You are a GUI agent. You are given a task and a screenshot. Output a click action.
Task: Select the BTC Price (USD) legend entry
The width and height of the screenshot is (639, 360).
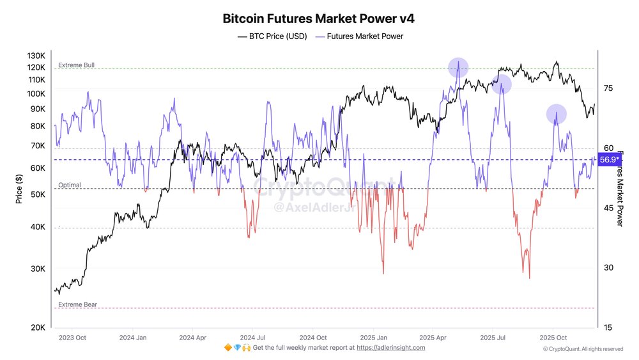click(x=272, y=36)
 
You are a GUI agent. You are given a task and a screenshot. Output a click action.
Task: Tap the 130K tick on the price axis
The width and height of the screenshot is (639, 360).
click(x=36, y=56)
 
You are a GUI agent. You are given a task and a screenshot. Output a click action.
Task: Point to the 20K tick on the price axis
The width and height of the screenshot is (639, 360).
click(x=38, y=327)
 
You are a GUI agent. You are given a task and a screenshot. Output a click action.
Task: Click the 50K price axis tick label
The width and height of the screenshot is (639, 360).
click(x=38, y=194)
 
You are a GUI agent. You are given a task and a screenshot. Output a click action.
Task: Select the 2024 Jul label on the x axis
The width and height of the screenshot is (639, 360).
click(x=253, y=337)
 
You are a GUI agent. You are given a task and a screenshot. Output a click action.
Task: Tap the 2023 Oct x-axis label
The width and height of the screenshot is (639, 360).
click(x=71, y=337)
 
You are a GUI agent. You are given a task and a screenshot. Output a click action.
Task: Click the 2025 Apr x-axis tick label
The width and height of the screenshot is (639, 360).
click(x=433, y=337)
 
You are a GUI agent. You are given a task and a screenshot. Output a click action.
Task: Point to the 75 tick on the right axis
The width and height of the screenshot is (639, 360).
click(x=608, y=88)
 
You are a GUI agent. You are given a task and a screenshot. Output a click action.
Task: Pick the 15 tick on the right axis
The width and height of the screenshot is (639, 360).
click(x=608, y=327)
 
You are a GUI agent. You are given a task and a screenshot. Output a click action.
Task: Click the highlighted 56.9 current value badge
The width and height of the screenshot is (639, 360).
click(x=609, y=159)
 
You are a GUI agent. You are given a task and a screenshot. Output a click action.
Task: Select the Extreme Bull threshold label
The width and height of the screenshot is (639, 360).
click(x=77, y=65)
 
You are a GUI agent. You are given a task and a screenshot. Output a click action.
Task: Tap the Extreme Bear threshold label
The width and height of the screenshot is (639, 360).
click(x=77, y=305)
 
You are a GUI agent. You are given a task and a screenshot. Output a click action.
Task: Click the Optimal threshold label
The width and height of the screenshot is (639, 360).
click(x=70, y=185)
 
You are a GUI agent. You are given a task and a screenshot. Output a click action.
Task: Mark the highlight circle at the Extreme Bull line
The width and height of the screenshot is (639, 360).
click(x=458, y=67)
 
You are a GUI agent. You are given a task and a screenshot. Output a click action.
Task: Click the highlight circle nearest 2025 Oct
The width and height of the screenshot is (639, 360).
click(x=557, y=114)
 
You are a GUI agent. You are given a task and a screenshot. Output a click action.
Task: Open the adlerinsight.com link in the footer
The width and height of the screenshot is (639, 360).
click(x=390, y=347)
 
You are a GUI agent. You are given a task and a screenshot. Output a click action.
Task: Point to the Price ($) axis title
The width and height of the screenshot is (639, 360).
click(x=20, y=191)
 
